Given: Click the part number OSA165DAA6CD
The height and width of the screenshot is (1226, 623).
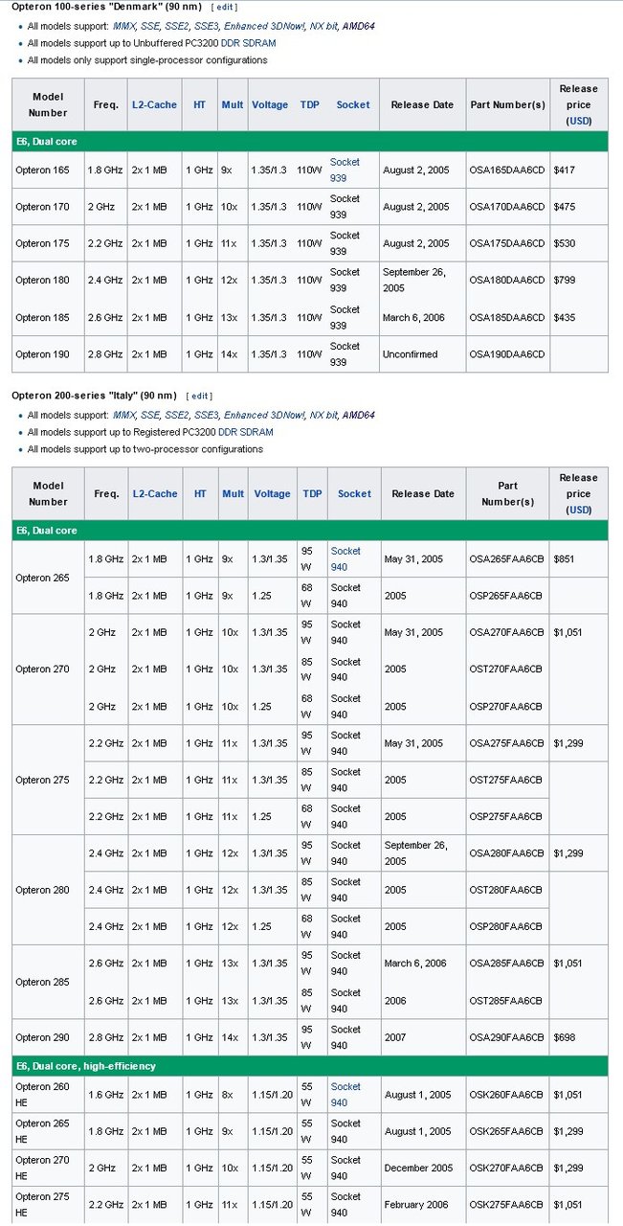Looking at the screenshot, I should [x=506, y=170].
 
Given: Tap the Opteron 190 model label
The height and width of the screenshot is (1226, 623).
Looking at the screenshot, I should [x=42, y=354].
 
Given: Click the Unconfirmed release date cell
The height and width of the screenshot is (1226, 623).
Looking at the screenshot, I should [x=410, y=354].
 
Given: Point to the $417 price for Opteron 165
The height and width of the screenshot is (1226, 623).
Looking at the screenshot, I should [x=565, y=170].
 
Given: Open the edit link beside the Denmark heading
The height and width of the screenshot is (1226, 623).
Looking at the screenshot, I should [x=224, y=7].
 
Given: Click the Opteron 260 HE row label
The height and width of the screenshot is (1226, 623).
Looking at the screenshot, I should [x=42, y=1094].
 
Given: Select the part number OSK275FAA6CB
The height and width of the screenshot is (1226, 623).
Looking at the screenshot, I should [x=506, y=1205].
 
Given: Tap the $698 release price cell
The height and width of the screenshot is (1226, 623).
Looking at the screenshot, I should [x=565, y=1038].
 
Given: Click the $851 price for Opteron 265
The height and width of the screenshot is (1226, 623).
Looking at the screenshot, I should [x=565, y=558].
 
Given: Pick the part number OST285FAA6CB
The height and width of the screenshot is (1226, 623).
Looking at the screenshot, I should [x=506, y=1001].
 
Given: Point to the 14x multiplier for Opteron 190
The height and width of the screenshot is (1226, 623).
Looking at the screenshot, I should [x=229, y=354].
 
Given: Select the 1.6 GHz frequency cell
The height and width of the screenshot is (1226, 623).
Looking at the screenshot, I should [x=105, y=1095].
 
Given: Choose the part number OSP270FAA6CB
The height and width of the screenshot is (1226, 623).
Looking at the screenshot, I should [x=506, y=707].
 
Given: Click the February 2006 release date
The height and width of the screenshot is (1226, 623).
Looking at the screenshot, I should [x=415, y=1205].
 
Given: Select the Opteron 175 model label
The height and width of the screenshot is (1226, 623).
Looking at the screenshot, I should [x=42, y=243].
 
